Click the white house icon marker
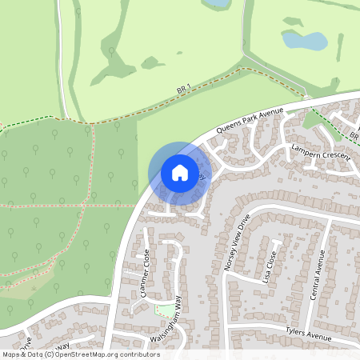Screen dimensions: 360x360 click(x=180, y=172)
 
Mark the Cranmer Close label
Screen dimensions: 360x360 click(x=145, y=273)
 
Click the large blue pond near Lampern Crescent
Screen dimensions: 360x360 click(x=304, y=40)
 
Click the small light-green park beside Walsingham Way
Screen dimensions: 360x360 click(x=165, y=309)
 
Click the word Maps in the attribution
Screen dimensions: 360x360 click(x=11, y=354)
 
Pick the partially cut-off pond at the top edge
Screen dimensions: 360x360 click(x=216, y=4)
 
